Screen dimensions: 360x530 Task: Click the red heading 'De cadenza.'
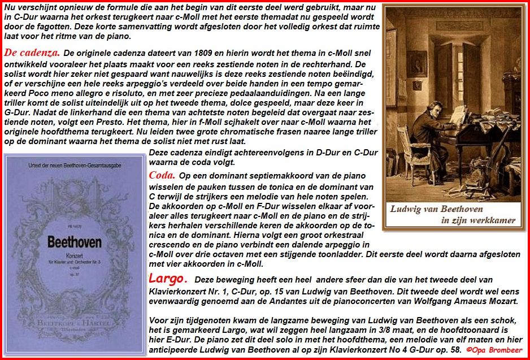[32, 53]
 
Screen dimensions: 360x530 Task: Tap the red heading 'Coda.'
[162, 175]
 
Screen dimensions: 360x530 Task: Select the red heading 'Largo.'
[167, 279]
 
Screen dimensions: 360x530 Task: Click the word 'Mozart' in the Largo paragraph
[502, 302]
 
